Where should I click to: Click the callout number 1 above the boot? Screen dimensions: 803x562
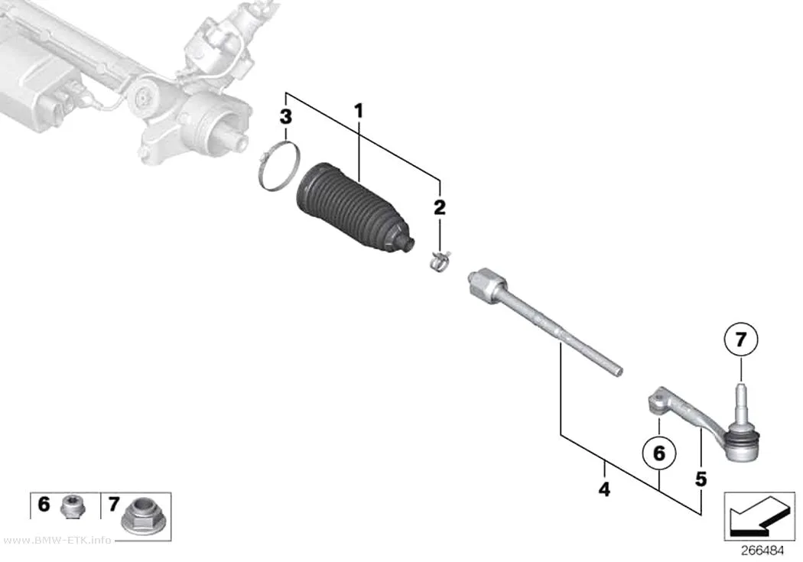pyautogui.click(x=359, y=111)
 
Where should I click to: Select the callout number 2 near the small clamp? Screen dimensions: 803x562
pyautogui.click(x=440, y=207)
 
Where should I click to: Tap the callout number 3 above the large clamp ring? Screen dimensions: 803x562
pyautogui.click(x=286, y=117)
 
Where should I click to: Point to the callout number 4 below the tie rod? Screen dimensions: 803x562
pyautogui.click(x=604, y=489)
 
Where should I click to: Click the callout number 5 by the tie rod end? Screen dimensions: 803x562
pyautogui.click(x=701, y=479)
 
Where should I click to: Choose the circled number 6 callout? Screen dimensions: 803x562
pyautogui.click(x=659, y=453)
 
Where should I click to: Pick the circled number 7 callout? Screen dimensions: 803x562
pyautogui.click(x=740, y=339)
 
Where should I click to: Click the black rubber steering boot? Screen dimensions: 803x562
pyautogui.click(x=353, y=210)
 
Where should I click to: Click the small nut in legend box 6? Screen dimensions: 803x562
pyautogui.click(x=73, y=506)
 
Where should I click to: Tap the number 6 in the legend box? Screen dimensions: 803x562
pyautogui.click(x=44, y=504)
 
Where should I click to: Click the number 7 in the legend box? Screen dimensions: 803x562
pyautogui.click(x=114, y=505)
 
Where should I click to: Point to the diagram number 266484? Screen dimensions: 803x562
pyautogui.click(x=762, y=551)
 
